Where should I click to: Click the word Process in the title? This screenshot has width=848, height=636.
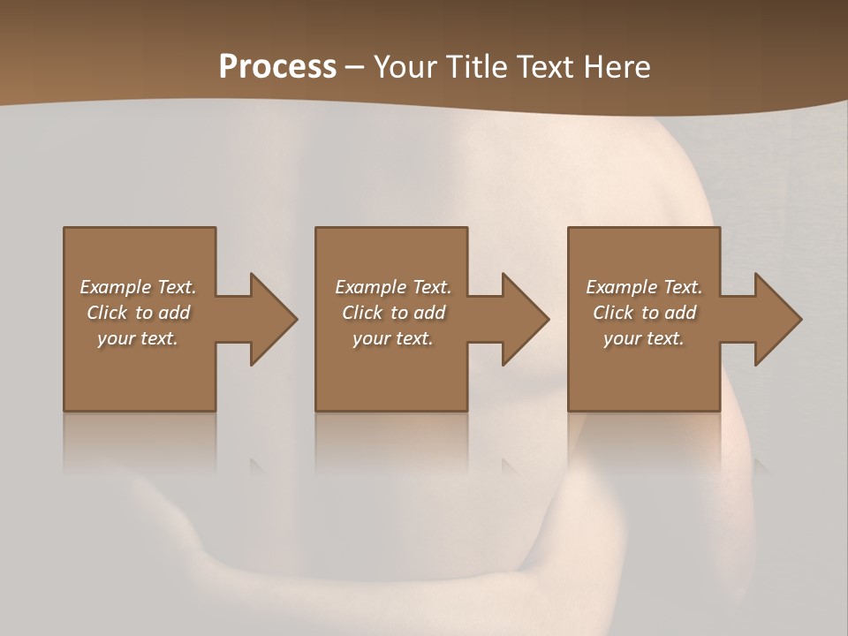coord(277,67)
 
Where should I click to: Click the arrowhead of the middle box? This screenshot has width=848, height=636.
coord(525,319)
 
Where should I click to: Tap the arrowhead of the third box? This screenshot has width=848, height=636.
coord(777,319)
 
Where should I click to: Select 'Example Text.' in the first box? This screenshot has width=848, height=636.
coord(138,287)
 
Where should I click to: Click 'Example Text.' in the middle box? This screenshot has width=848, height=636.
coord(393,287)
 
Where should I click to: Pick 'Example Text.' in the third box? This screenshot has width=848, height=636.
coord(644,287)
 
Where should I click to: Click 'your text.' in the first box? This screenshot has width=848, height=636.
coord(138,338)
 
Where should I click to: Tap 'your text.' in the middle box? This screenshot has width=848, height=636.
coord(393,338)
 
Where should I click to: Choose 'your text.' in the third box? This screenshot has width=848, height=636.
coord(644,338)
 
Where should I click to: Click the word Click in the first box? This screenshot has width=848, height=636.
coord(107,313)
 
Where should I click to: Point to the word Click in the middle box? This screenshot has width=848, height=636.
coord(362,313)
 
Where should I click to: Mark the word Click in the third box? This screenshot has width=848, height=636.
coord(613,313)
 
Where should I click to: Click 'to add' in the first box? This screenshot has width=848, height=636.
coord(163,313)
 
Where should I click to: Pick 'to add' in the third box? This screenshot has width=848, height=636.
coord(670,313)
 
